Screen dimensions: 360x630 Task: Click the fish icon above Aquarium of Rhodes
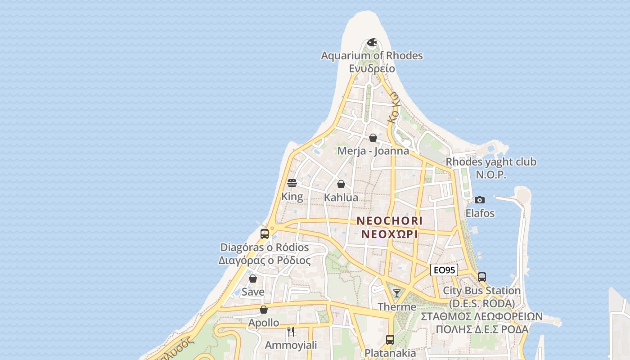[x=372, y=43]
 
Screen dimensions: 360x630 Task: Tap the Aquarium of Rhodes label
[x=372, y=56]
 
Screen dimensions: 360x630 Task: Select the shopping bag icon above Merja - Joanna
[x=373, y=138]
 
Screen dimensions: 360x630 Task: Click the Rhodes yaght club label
[x=491, y=162]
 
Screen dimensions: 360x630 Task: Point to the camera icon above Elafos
[x=480, y=200]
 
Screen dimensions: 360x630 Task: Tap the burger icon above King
[x=292, y=183]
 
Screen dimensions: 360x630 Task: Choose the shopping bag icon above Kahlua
[x=341, y=184]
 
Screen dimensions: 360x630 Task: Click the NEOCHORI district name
[x=390, y=221]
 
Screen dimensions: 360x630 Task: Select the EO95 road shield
[x=444, y=270]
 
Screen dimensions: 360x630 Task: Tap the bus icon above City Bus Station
[x=482, y=277]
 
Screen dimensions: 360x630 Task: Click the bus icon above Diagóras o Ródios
[x=265, y=234]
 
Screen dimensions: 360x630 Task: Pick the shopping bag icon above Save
[x=253, y=279]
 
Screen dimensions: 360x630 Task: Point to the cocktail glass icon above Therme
[x=396, y=293]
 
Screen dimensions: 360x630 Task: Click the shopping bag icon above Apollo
[x=264, y=310]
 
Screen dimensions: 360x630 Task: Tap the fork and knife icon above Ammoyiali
[x=291, y=332]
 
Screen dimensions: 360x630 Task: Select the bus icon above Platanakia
[x=390, y=340]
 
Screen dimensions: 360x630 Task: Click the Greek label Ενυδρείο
[x=372, y=68]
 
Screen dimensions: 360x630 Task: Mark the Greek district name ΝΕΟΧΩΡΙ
[x=390, y=234]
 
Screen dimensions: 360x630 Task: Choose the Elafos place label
[x=480, y=213]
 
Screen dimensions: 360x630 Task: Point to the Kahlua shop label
[x=341, y=198]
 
